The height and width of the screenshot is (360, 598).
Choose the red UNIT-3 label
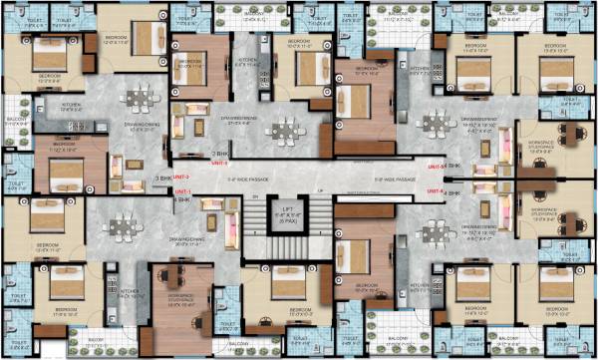[182, 177]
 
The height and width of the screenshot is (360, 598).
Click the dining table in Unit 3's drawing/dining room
[139, 101]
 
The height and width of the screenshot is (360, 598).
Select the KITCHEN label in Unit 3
[71, 103]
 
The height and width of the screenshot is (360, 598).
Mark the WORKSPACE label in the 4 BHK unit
[180, 296]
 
